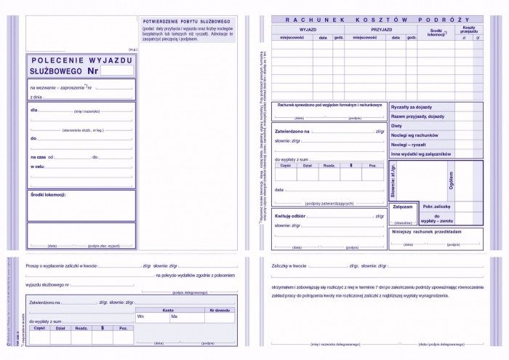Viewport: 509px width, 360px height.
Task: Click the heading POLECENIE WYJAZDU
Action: (81, 60)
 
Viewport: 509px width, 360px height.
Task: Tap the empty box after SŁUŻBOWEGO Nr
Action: (117, 71)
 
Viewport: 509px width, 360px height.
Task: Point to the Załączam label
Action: (402, 207)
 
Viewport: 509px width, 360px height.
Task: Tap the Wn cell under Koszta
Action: (141, 316)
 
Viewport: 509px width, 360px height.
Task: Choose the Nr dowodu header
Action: (219, 309)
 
